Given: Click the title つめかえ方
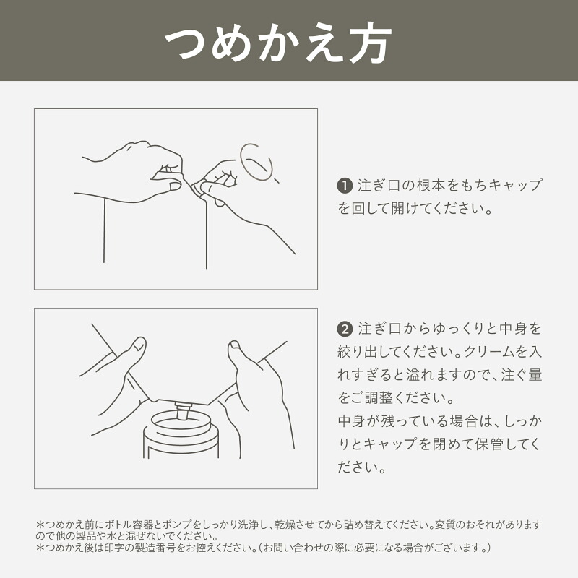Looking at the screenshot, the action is click(x=278, y=43).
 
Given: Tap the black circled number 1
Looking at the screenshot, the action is click(x=345, y=186).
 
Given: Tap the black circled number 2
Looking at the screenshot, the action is click(x=345, y=329).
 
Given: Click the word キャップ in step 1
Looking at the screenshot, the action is click(x=516, y=186).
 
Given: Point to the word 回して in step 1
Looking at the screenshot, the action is click(x=371, y=209).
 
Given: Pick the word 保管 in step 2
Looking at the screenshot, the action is click(x=489, y=444).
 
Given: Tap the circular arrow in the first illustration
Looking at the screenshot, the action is click(x=256, y=162).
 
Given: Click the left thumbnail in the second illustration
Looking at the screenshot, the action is click(x=139, y=345).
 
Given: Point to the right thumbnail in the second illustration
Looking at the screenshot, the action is click(x=234, y=345).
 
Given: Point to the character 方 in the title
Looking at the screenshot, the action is click(x=371, y=43).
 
